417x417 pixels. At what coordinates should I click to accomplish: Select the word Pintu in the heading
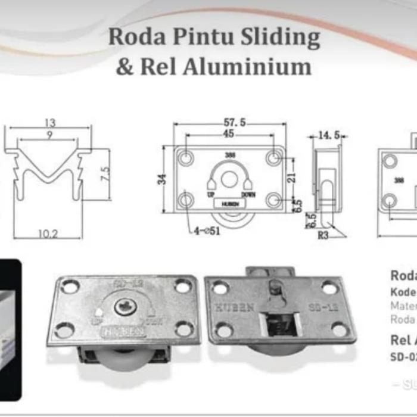click(201, 38)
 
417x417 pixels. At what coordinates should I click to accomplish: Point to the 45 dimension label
click(229, 134)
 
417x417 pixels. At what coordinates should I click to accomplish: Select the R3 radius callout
click(323, 234)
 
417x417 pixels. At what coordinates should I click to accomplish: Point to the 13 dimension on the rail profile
click(49, 123)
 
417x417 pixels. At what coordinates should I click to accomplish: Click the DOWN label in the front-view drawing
click(249, 195)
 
